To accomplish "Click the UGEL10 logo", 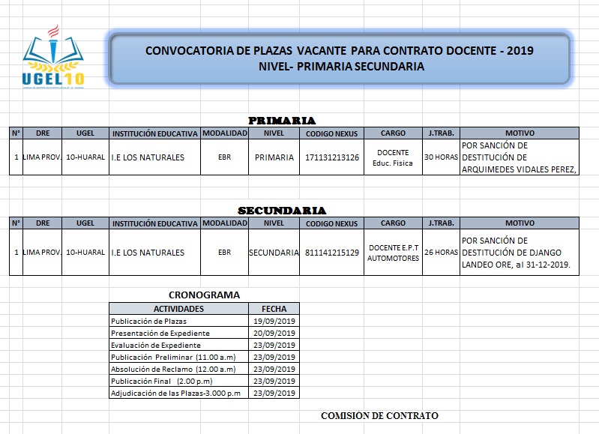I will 53,59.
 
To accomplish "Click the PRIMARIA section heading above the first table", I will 282,120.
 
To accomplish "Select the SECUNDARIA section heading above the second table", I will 282,211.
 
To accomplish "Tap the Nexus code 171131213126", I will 332,157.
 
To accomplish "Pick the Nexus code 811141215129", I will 332,253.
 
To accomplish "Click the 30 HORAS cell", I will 441,157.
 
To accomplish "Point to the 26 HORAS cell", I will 441,253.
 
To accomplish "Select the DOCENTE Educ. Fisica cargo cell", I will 393,157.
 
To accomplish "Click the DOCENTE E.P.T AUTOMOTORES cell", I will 393,253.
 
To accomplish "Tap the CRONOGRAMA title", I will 204,295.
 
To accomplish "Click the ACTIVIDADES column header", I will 178,308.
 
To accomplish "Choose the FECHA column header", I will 274,308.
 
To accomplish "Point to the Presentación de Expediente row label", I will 160,333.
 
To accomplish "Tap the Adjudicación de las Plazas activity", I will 176,393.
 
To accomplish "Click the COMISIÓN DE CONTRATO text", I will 379,415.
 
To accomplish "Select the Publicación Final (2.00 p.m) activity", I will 161,381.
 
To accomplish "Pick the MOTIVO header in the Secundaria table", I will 520,223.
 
